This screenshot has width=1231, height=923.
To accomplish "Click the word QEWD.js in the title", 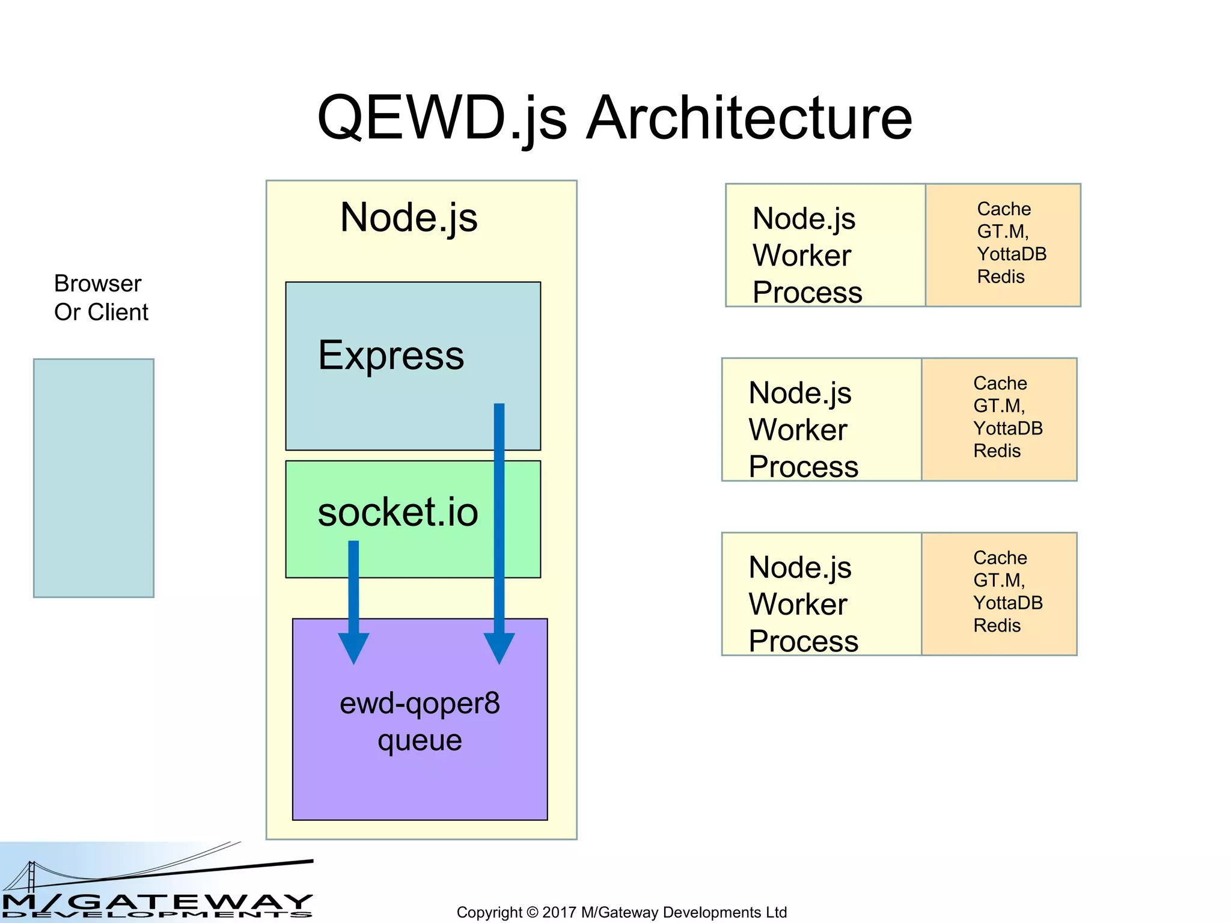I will click(442, 118).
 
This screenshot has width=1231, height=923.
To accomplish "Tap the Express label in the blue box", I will click(391, 355).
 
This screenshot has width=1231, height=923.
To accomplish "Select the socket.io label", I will click(397, 512).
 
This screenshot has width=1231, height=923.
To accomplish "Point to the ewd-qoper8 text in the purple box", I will click(420, 702).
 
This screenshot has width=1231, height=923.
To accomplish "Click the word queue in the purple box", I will click(420, 740).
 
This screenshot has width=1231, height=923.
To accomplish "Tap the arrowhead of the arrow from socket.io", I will click(353, 648).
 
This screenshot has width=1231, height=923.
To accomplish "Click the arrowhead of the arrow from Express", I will click(499, 648).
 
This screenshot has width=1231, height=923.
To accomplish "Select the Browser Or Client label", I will click(100, 297).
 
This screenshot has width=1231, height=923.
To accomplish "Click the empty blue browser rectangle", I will click(94, 478).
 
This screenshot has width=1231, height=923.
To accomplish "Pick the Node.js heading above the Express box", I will click(409, 217).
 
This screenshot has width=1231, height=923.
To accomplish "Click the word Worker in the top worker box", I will click(801, 255).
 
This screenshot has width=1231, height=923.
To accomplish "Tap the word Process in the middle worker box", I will click(803, 466).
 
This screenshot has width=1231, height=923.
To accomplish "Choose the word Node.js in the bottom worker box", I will click(799, 567).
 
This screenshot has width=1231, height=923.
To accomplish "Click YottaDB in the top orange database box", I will click(1012, 254).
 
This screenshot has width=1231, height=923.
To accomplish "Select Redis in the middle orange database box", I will click(997, 451).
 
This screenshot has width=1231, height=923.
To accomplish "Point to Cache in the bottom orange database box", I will click(1000, 558).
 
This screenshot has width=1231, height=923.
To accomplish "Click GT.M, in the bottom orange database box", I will click(999, 580).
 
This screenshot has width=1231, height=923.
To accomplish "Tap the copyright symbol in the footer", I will click(532, 912).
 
